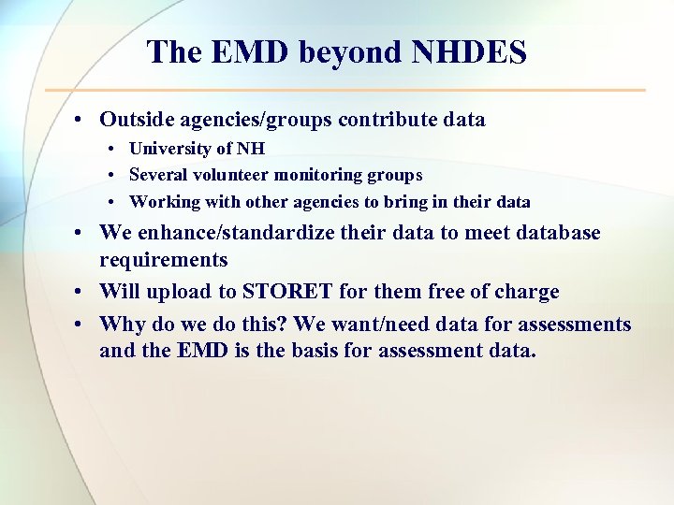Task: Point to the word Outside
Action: click(137, 120)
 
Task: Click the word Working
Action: click(161, 202)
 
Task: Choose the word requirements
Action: click(164, 260)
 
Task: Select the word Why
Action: click(120, 325)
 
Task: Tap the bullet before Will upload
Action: click(84, 292)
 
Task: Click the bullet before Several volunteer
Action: click(111, 175)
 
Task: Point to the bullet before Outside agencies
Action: click(84, 120)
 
